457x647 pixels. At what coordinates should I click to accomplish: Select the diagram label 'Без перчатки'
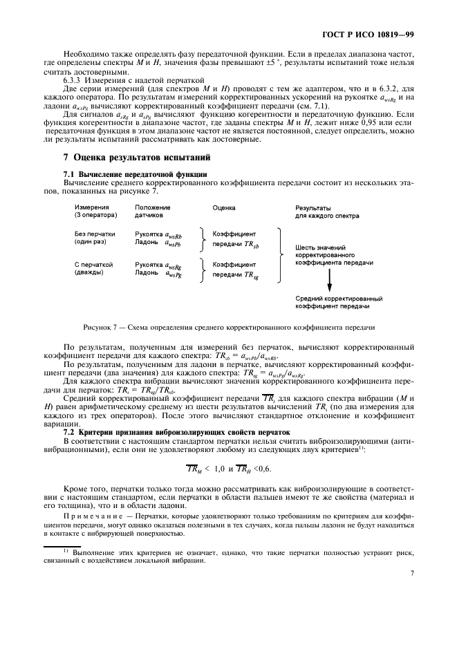(x=94, y=234)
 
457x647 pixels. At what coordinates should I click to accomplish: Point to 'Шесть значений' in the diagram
(x=319, y=247)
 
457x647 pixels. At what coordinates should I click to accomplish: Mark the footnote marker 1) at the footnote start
(x=66, y=550)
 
